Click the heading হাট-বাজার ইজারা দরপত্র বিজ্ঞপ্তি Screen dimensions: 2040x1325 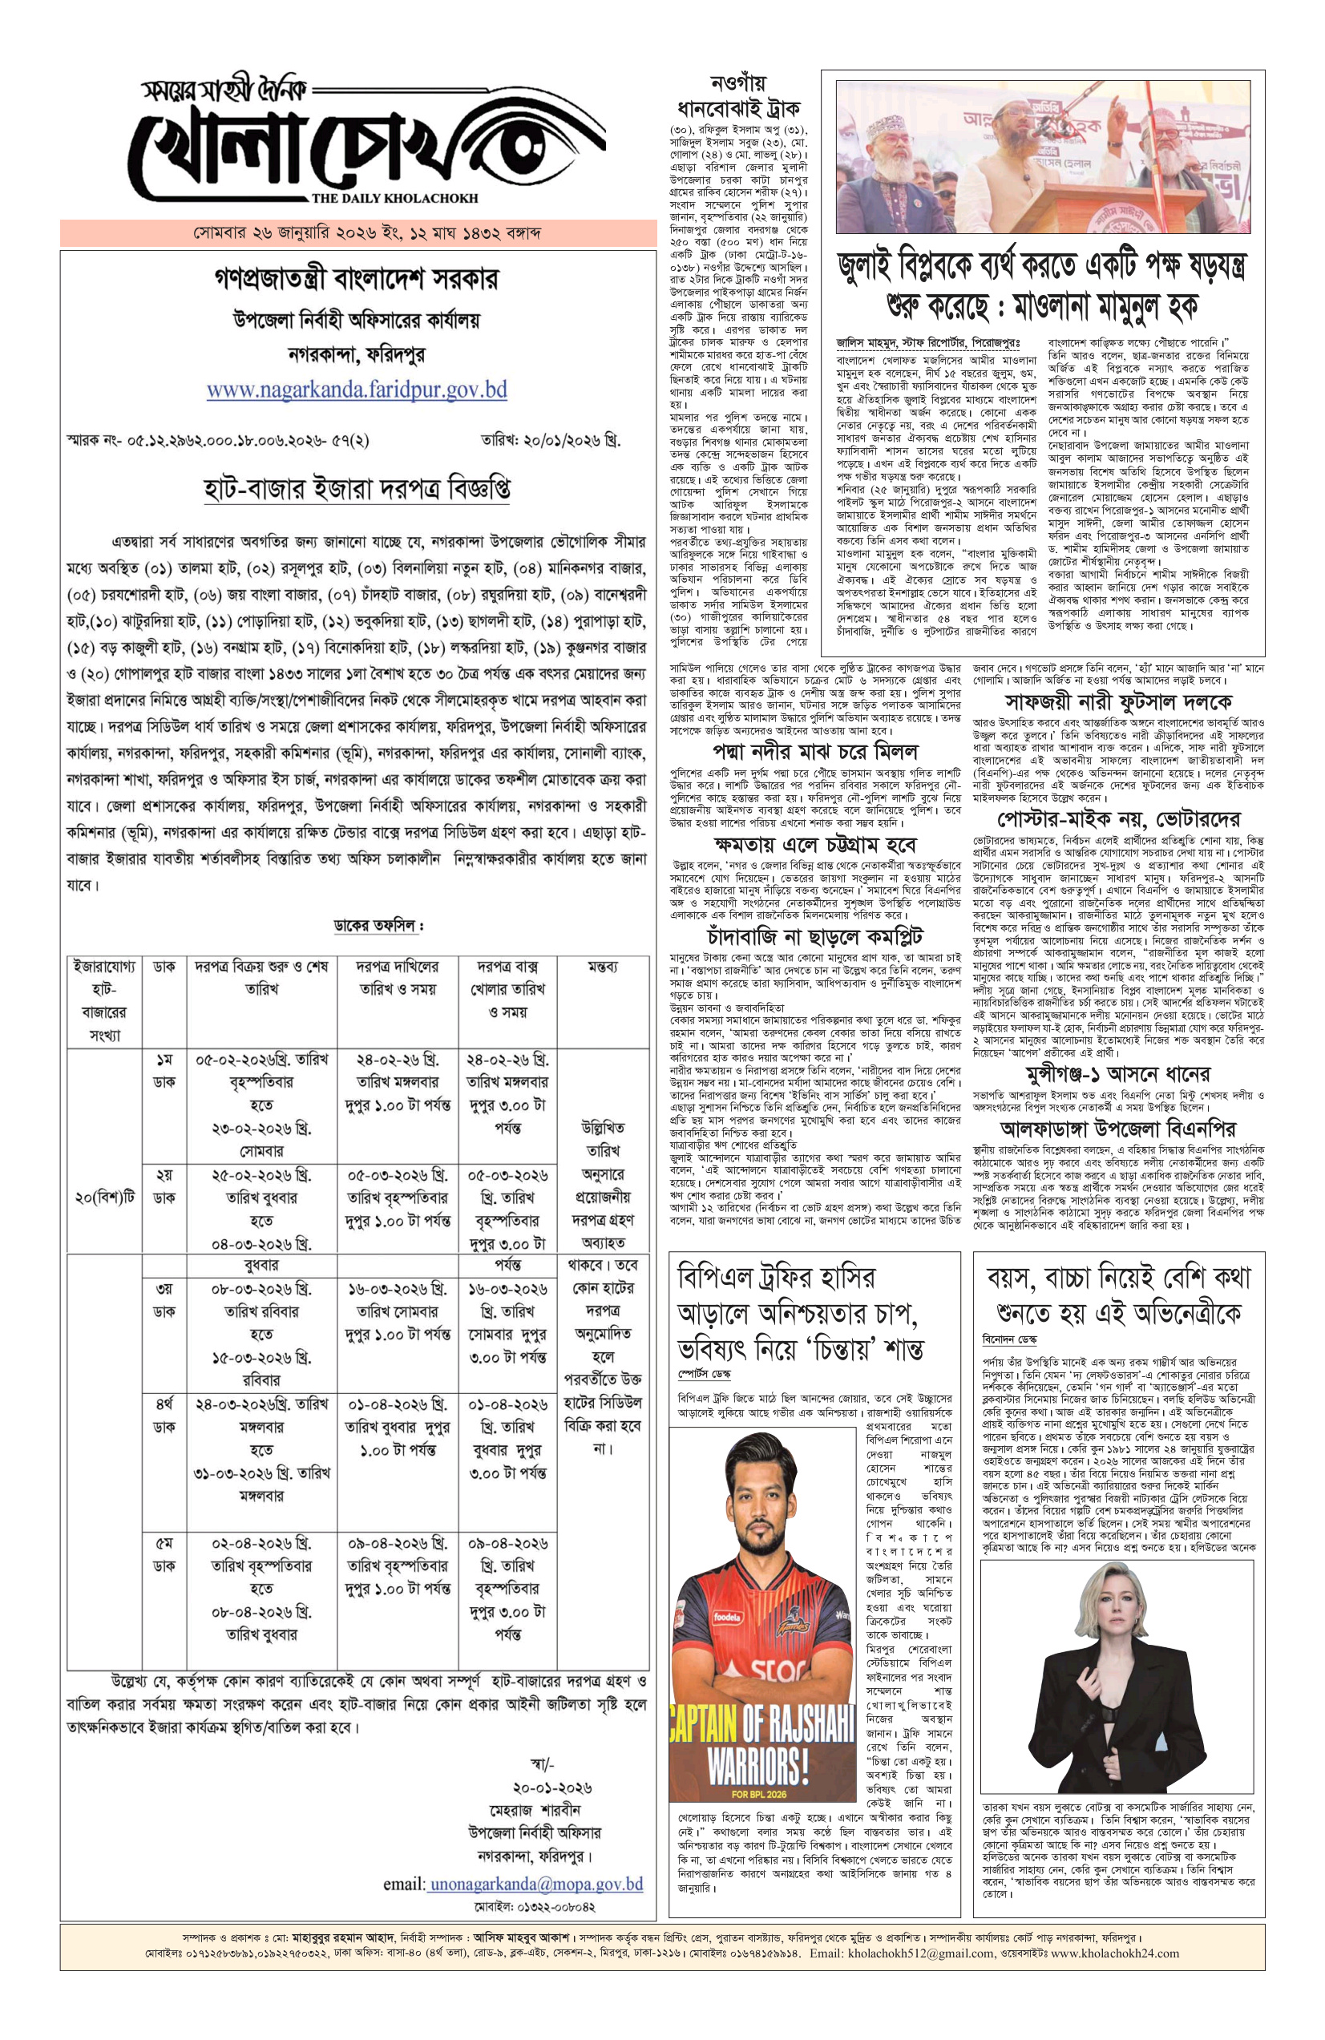[x=357, y=489]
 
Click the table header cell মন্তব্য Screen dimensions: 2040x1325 [x=603, y=966]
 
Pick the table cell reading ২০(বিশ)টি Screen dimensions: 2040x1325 [x=104, y=1197]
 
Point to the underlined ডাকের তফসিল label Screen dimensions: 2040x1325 [x=377, y=926]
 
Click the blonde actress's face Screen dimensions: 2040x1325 [x=1113, y=1605]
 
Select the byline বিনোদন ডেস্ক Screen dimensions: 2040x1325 [x=1008, y=1339]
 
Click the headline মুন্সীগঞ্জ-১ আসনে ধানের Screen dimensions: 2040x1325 [x=1117, y=1074]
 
